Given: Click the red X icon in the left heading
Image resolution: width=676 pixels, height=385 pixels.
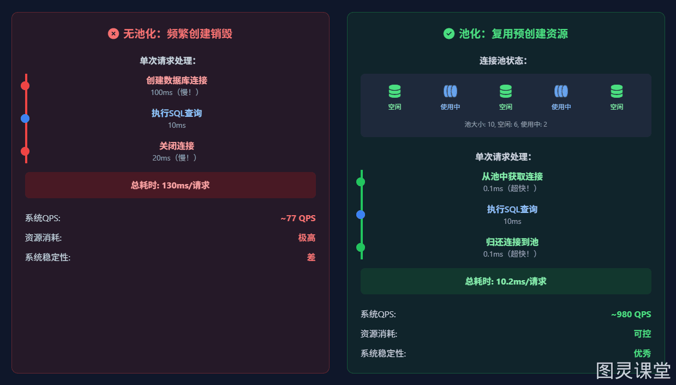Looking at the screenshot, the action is [x=113, y=33].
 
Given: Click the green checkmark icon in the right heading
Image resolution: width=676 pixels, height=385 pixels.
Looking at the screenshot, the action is [x=448, y=33].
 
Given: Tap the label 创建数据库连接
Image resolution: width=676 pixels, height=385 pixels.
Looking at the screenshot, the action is [x=177, y=80].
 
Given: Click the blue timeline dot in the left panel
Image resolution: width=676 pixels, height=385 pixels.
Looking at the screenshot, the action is [x=25, y=119].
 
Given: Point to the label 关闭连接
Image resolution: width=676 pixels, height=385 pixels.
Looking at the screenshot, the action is [x=177, y=146].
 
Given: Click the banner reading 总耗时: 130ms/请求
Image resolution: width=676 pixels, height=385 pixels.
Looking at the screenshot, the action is [x=170, y=185].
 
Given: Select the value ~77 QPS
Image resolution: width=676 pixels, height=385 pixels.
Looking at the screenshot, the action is [x=298, y=218].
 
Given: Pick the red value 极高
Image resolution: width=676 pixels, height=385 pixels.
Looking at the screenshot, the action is [x=307, y=238].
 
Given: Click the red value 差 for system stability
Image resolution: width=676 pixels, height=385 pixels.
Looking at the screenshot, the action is [x=311, y=258].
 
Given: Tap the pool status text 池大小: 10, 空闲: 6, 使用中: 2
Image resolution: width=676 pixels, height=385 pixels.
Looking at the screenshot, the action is [x=506, y=125].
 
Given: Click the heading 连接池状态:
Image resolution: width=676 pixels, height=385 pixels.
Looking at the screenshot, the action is [x=503, y=61].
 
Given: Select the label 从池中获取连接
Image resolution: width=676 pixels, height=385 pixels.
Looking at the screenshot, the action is [x=512, y=176].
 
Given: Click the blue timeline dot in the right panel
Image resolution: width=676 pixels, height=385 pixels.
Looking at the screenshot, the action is [x=361, y=215].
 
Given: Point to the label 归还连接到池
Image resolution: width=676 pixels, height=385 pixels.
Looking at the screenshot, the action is [x=512, y=242].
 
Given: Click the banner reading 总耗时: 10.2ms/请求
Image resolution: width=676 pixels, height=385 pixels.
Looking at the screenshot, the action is [x=506, y=281].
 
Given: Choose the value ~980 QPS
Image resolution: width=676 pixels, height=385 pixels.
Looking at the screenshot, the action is [x=631, y=315].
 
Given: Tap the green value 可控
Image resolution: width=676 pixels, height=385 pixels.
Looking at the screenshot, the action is [x=642, y=334].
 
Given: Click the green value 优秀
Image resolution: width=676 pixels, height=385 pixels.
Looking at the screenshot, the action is [x=642, y=353].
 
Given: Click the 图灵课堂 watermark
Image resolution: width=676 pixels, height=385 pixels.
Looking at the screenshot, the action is [x=633, y=370].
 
